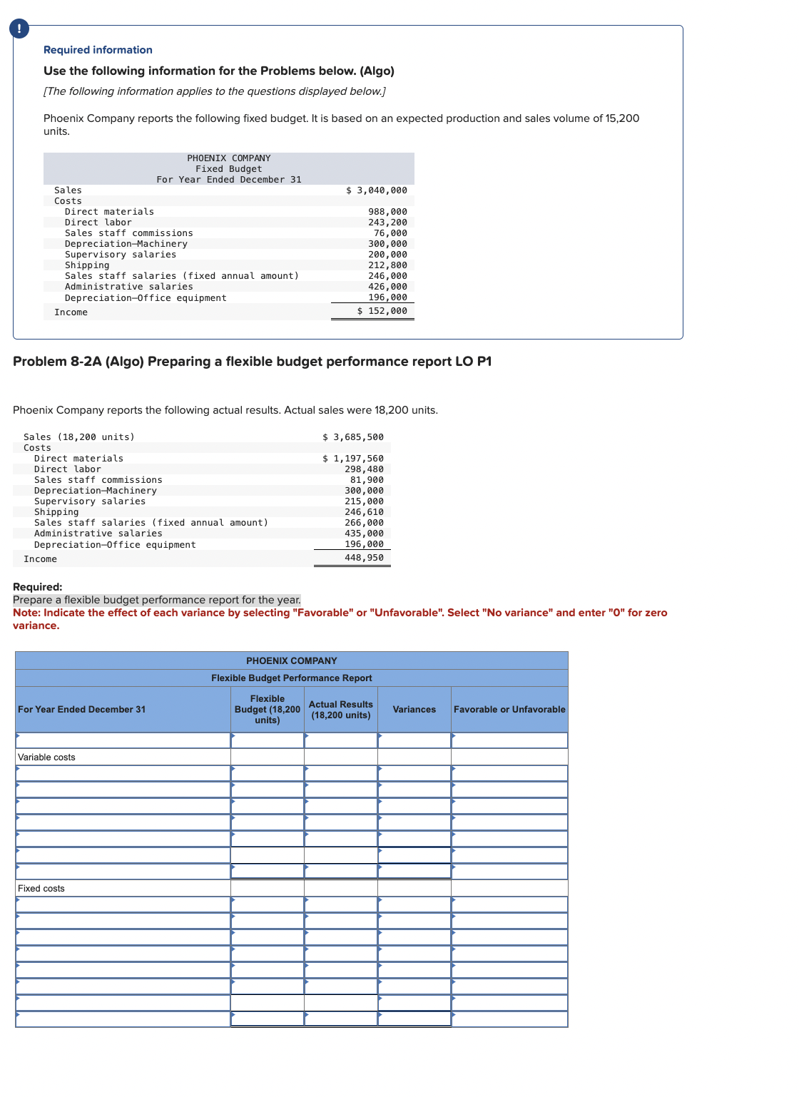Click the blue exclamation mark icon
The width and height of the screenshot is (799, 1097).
coord(19,28)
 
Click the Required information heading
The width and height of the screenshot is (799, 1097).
coord(98,50)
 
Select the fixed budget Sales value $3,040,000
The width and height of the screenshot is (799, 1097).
coord(377,190)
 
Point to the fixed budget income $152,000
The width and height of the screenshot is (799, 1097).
coord(382,311)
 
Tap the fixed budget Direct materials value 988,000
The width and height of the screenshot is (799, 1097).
coord(387,212)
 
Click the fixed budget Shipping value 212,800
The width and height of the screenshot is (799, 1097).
coord(387,265)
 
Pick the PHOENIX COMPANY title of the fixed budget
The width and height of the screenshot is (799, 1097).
coord(229,158)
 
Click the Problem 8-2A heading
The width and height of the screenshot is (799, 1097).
coord(252,362)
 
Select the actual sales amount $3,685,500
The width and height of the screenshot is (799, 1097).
coord(353,437)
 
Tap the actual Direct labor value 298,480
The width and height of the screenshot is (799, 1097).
coord(364,469)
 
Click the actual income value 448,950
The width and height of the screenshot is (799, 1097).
coord(364,558)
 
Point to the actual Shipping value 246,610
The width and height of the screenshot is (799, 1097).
coord(364,512)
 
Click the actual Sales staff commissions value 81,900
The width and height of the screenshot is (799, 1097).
coord(367,480)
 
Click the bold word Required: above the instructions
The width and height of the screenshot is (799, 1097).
coord(38,587)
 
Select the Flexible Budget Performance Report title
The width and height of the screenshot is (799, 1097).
coord(291,678)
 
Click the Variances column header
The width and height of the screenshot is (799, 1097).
coord(414,710)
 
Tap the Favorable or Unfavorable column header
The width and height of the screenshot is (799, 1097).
coord(509,710)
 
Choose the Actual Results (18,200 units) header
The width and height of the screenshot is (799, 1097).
coord(340,710)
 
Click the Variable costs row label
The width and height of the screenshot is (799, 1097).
coord(46,757)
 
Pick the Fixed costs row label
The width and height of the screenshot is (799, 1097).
coord(41,889)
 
